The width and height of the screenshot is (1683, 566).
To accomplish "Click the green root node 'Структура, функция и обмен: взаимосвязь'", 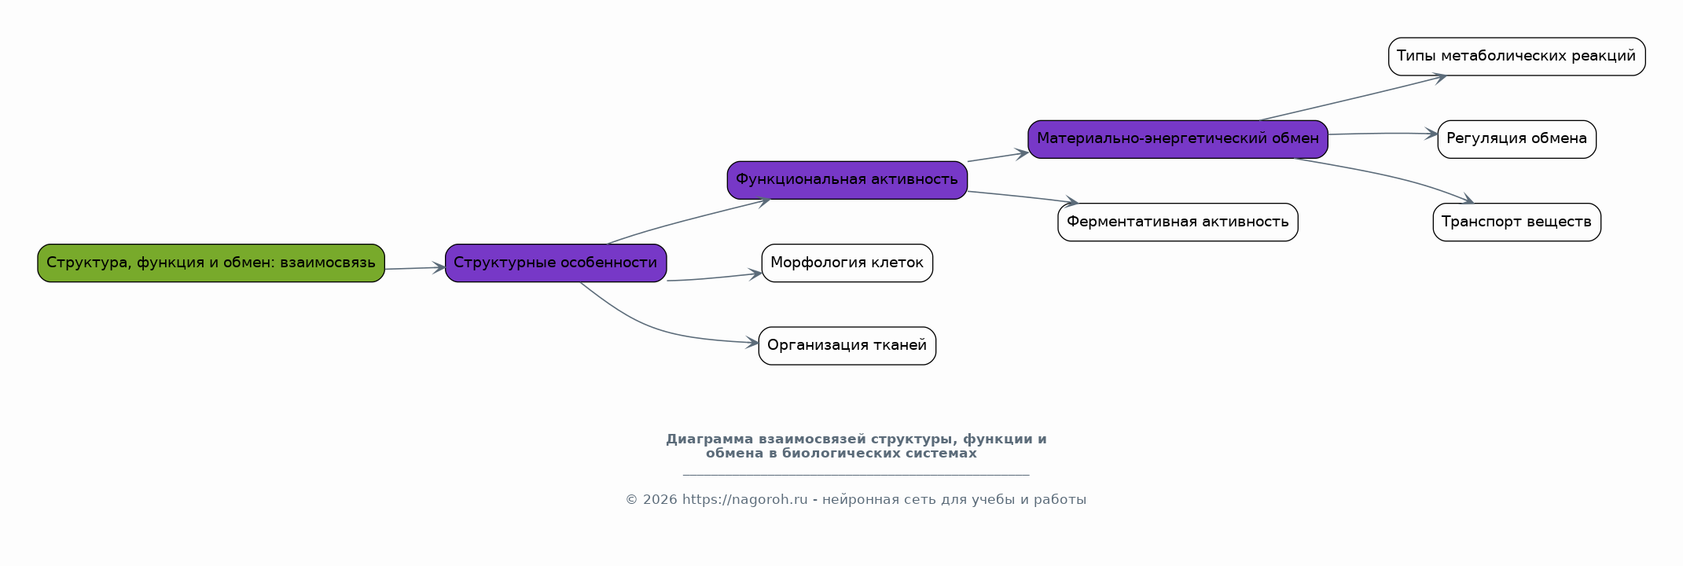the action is coord(211,263).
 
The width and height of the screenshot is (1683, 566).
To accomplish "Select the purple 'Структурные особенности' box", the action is coord(556,263).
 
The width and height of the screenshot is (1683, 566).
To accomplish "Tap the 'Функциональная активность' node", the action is coord(847,180).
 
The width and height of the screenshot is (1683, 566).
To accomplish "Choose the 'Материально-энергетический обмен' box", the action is coord(1178,139).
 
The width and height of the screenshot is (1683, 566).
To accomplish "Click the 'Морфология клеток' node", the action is coord(847,263).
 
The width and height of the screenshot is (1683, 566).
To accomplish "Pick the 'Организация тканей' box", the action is coord(847,346).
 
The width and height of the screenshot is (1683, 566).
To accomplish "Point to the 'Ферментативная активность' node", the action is coord(1178,222).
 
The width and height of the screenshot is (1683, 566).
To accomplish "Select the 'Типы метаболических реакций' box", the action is coord(1516,57).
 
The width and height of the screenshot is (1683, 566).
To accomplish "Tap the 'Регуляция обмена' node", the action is coord(1516,139).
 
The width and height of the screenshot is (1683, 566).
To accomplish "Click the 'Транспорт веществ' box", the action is coord(1516,222).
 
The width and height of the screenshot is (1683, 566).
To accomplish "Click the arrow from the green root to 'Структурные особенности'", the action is coord(415,269).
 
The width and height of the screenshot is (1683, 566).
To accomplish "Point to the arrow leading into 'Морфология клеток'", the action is coord(715,277).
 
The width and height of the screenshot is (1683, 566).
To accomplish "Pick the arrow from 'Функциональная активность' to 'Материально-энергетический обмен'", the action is coord(998,156).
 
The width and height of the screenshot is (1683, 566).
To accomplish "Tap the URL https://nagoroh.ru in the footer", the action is coord(745,500).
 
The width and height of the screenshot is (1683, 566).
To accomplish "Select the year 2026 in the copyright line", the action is coord(660,500).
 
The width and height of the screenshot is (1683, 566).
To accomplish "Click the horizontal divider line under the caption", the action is coord(856,475).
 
